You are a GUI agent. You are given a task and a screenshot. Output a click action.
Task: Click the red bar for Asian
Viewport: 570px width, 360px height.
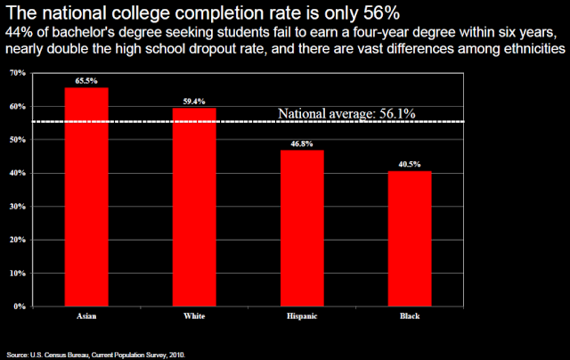[87, 196]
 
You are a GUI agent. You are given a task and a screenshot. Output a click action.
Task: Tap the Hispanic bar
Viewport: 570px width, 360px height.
[303, 228]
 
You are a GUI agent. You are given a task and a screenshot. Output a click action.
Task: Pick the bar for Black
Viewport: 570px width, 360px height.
[411, 238]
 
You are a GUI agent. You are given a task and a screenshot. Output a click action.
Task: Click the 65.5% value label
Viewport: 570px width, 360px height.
[87, 80]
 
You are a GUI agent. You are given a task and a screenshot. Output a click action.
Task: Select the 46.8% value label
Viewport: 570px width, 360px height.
[303, 143]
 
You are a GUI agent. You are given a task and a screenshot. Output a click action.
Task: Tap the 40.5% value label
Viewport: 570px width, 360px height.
[411, 164]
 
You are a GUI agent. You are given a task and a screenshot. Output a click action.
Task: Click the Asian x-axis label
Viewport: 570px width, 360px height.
[87, 316]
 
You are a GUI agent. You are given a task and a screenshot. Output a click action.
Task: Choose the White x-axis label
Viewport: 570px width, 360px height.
[194, 316]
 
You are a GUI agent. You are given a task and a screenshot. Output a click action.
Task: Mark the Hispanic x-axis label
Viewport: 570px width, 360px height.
[303, 316]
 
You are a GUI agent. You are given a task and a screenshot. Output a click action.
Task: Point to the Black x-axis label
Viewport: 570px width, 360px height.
[411, 316]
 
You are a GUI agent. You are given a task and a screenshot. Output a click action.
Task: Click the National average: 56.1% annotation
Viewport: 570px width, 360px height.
[346, 113]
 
